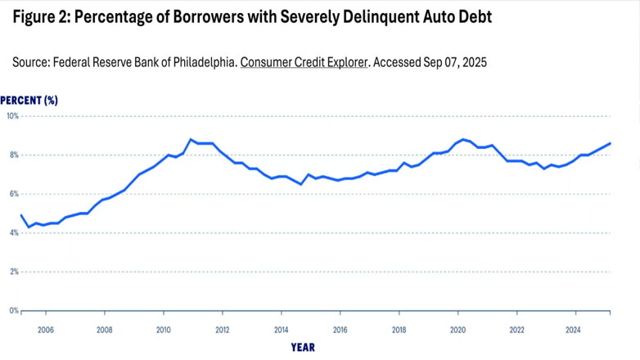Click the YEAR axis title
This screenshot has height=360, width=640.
(x=302, y=347)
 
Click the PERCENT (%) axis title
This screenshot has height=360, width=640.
(x=29, y=100)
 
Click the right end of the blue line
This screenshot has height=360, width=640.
(x=610, y=143)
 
